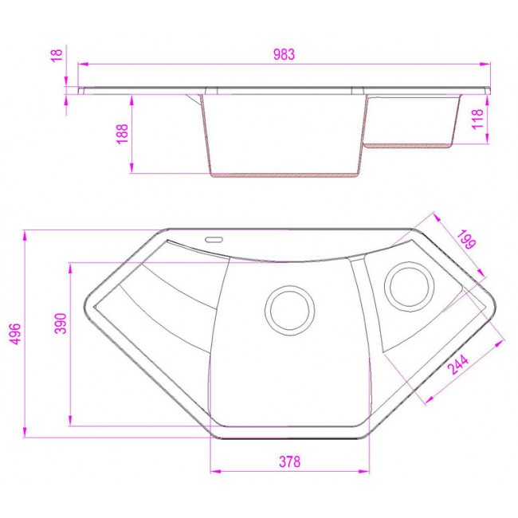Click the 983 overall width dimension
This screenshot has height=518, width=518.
pos(284,54)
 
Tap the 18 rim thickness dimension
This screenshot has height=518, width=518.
pos(57,55)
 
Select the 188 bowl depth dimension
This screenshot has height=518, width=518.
pos(122,134)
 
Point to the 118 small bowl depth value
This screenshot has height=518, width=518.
pos(477,119)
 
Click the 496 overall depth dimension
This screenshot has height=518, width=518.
pos(15,334)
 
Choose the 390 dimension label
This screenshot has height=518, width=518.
pos(61,324)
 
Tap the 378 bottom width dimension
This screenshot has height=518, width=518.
pos(290,461)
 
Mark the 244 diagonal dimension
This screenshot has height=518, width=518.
pos(458,365)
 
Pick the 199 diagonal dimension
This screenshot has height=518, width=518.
pos(466,239)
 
